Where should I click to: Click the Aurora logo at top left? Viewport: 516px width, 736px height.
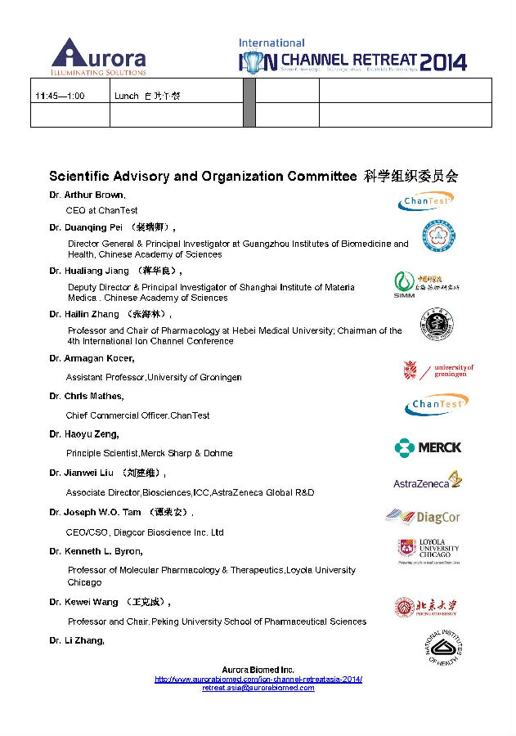click(x=98, y=56)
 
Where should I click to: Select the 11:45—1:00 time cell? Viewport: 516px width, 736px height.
click(x=60, y=96)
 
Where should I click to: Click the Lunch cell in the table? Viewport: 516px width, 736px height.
click(x=147, y=96)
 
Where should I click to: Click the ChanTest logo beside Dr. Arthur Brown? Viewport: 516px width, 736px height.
click(x=425, y=200)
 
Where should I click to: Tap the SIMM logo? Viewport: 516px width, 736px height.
click(x=426, y=284)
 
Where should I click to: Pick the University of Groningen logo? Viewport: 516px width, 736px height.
click(x=438, y=370)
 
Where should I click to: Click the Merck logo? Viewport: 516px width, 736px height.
click(x=428, y=447)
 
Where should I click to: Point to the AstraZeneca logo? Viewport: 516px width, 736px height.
click(x=428, y=481)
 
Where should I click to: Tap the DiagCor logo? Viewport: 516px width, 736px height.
click(x=424, y=517)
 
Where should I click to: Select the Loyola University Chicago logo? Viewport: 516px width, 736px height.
click(x=428, y=552)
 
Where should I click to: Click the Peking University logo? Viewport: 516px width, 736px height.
click(x=426, y=607)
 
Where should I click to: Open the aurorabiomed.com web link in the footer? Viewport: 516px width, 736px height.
click(x=258, y=680)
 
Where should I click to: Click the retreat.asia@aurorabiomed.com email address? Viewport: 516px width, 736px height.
click(x=258, y=688)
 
